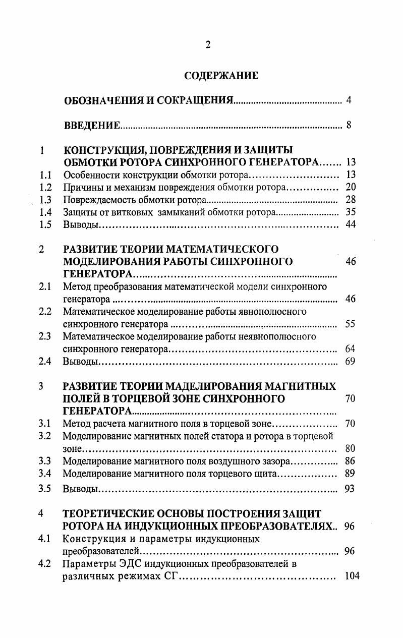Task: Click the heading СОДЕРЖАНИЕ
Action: click(x=221, y=76)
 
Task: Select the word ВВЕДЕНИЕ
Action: click(x=92, y=126)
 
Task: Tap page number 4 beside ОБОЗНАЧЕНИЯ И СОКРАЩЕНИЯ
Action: click(x=349, y=100)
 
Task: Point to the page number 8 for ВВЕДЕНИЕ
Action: click(x=349, y=126)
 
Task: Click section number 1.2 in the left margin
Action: click(x=46, y=188)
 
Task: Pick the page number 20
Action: click(x=351, y=188)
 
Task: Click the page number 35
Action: click(x=351, y=212)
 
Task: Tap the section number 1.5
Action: click(x=46, y=225)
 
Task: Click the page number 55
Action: click(x=350, y=324)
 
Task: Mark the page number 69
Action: click(x=350, y=361)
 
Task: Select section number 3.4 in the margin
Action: click(x=45, y=474)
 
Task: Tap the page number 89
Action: click(x=350, y=474)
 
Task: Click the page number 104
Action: click(x=352, y=576)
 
